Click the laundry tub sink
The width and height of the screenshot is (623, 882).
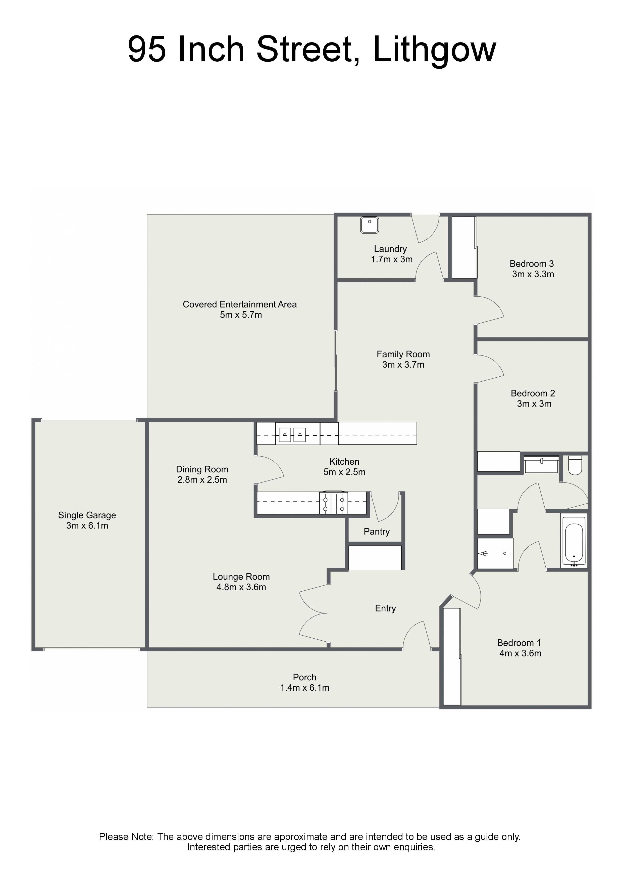369,225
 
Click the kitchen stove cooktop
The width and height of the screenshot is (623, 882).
334,503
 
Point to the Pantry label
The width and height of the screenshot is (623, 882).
377,532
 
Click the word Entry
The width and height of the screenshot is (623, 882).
385,608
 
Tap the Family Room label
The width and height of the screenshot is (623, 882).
403,354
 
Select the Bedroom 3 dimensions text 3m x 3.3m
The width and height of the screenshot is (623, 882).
533,274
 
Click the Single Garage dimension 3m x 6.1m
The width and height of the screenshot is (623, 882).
87,526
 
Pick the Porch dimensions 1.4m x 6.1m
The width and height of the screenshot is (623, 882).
305,688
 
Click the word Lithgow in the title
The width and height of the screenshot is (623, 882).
435,50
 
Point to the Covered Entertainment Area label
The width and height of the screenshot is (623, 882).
239,305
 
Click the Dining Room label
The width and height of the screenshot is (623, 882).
202,469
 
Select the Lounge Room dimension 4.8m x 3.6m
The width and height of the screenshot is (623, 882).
241,587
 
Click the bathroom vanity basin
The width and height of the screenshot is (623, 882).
541,465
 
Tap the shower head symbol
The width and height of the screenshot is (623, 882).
483,554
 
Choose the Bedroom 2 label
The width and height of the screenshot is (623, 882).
533,393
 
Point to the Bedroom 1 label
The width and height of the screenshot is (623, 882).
519,643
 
